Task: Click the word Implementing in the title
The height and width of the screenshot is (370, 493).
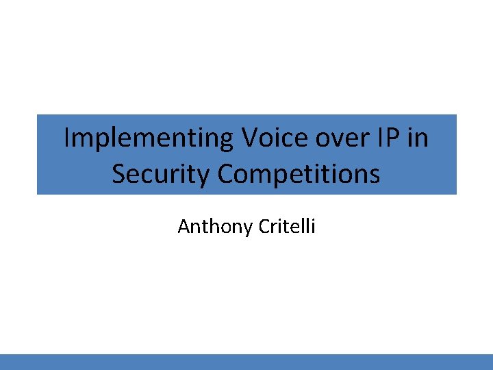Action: (149, 138)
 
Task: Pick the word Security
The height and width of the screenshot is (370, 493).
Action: (162, 174)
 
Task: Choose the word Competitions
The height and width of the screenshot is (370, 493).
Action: (299, 174)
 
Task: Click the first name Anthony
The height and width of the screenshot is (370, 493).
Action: (215, 226)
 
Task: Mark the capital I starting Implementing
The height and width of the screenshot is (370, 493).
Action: (66, 138)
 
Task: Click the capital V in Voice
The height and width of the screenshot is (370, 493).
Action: (249, 138)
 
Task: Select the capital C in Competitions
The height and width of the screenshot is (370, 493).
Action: (227, 174)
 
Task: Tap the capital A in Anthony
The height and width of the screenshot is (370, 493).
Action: (183, 226)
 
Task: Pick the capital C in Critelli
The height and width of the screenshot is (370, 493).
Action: (264, 226)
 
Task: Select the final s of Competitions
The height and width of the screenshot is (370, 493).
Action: (375, 175)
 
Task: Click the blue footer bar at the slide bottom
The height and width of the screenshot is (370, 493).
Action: (246, 362)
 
